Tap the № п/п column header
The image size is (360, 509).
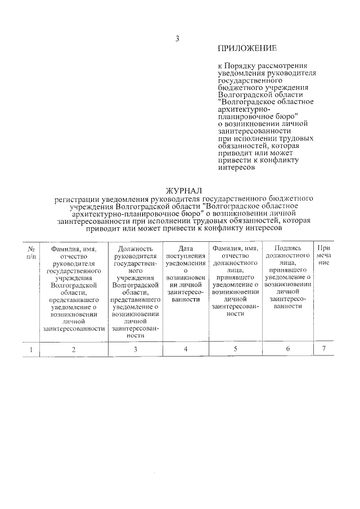(31, 252)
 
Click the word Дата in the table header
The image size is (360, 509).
(185, 248)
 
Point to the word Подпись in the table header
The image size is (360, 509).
(287, 248)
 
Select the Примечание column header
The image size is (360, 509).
(323, 255)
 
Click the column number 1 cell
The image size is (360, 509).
(31, 349)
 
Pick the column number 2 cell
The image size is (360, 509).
(74, 349)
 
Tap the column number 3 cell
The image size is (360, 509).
(135, 349)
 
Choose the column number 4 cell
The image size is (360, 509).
(185, 349)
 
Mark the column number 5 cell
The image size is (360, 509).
(236, 349)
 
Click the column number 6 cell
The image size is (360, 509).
(287, 349)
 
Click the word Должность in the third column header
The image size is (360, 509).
(135, 248)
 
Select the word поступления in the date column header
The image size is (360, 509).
(185, 255)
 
